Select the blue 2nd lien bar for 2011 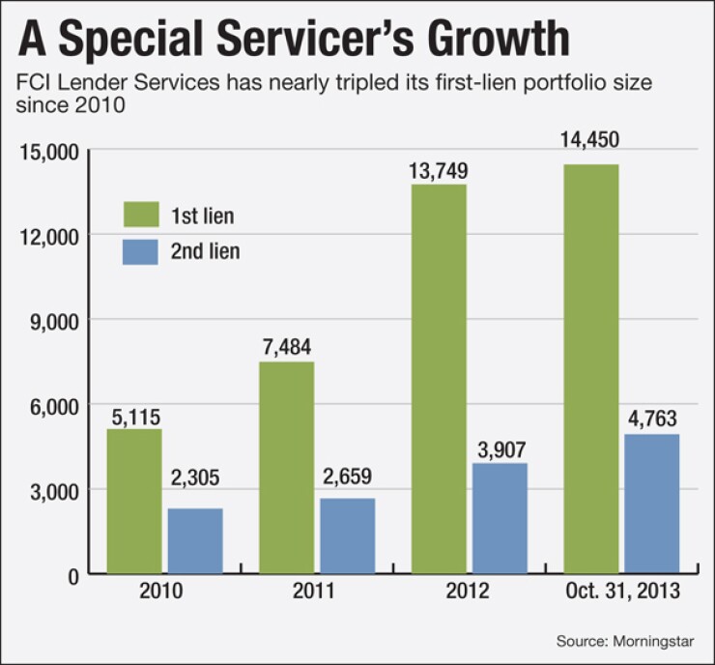click(348, 535)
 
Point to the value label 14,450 click(589, 142)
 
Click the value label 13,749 click(439, 171)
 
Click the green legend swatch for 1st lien click(142, 215)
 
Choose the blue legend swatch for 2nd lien click(142, 252)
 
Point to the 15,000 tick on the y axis click(48, 151)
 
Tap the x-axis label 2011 click(316, 592)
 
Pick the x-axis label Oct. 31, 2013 click(620, 592)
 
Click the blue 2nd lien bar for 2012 click(500, 518)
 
